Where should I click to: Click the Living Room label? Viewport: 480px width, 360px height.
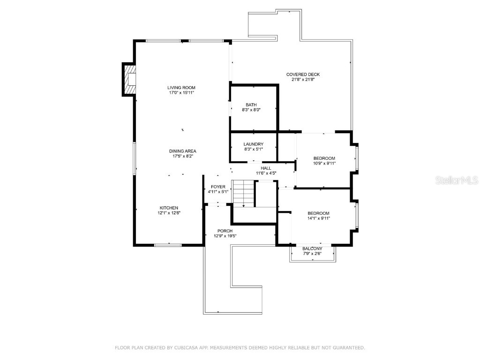(x=181, y=88)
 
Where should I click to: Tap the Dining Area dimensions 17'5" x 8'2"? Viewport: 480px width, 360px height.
(x=182, y=156)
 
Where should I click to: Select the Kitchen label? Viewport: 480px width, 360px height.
(x=169, y=208)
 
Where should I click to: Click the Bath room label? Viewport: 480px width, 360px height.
(x=251, y=105)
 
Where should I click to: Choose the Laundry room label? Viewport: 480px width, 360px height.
(x=253, y=144)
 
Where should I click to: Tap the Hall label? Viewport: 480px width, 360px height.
(x=266, y=168)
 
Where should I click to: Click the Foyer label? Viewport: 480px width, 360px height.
(x=218, y=187)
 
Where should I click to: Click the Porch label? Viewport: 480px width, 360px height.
(x=225, y=231)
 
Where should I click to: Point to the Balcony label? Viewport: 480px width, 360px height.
(x=312, y=248)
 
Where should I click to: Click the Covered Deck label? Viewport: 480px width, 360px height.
(x=303, y=75)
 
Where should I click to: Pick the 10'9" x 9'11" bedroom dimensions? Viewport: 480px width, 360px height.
(x=324, y=163)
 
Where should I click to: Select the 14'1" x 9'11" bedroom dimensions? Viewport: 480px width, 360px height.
(x=318, y=218)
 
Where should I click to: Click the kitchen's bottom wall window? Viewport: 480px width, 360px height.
(x=168, y=244)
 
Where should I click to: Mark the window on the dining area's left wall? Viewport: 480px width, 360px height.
(x=135, y=158)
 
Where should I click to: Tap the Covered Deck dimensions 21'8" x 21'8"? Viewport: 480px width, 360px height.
(x=303, y=80)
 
